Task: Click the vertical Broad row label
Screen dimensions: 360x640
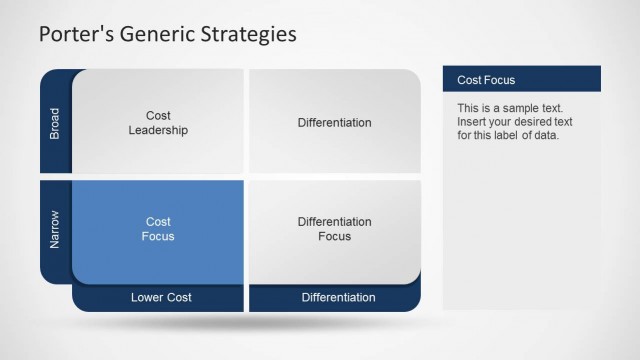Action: pyautogui.click(x=55, y=123)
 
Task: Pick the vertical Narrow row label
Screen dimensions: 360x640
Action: pyautogui.click(x=55, y=229)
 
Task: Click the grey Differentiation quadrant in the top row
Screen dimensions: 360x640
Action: pyautogui.click(x=334, y=123)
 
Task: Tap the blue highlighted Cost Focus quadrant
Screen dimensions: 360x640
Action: pyautogui.click(x=158, y=229)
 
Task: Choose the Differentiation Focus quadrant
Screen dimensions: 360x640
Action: pyautogui.click(x=334, y=229)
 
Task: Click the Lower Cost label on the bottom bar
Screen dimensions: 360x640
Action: pyautogui.click(x=161, y=297)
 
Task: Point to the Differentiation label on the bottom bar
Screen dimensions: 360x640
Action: pyautogui.click(x=338, y=297)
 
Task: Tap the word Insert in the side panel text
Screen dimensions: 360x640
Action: pyautogui.click(x=472, y=122)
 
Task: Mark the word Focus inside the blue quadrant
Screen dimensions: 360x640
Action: pyautogui.click(x=158, y=237)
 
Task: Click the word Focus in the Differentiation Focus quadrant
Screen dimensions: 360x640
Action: pyautogui.click(x=334, y=237)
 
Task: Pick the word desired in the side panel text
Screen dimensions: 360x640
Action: pyautogui.click(x=540, y=122)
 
